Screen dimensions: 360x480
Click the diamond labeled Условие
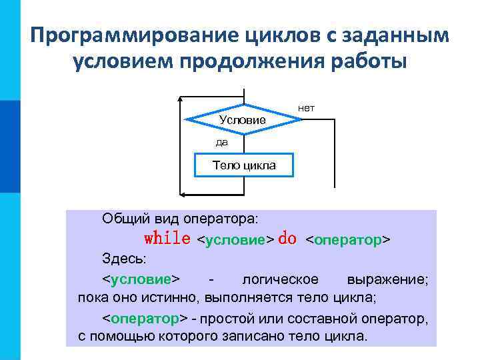click(243, 119)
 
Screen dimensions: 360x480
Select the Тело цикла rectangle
click(243, 165)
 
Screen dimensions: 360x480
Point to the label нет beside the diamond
click(306, 107)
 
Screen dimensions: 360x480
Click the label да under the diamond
click(221, 142)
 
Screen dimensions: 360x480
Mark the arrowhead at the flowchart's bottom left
click(185, 194)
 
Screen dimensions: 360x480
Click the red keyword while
click(167, 239)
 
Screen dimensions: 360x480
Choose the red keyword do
click(287, 239)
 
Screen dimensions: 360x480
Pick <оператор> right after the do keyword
click(347, 239)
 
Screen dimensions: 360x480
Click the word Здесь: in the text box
click(118, 258)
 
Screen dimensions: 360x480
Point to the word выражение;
click(387, 278)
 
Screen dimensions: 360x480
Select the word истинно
click(174, 297)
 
